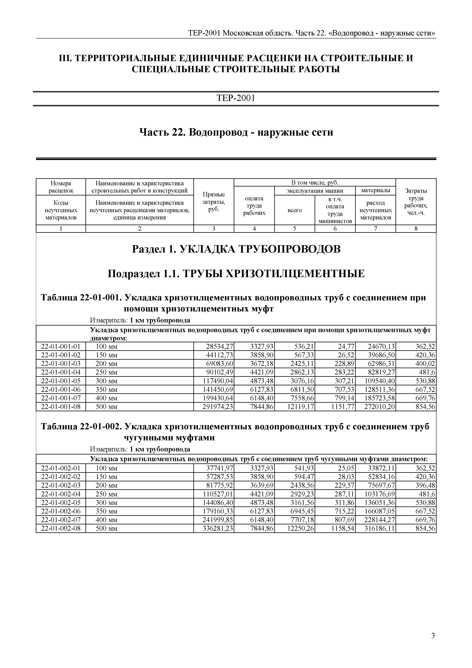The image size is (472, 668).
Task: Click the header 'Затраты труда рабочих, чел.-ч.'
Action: pyautogui.click(x=416, y=202)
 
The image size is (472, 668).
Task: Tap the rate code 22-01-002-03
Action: pyautogui.click(x=61, y=485)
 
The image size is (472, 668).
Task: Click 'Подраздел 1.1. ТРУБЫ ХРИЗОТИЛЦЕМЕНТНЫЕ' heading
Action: pyautogui.click(x=236, y=274)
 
